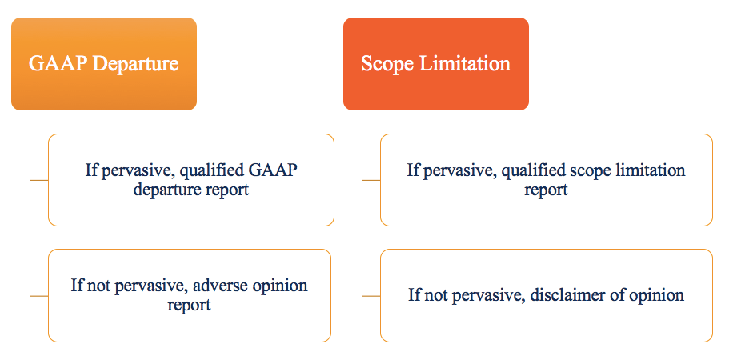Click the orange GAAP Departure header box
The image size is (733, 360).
pyautogui.click(x=104, y=64)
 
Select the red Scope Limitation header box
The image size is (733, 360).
pyautogui.click(x=436, y=64)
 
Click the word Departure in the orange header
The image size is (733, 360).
pyautogui.click(x=134, y=64)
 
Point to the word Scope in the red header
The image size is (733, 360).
pyautogui.click(x=383, y=64)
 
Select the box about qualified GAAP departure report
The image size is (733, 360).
pyautogui.click(x=191, y=180)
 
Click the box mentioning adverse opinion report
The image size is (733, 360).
pyautogui.click(x=190, y=295)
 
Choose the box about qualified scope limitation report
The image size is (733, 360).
pyautogui.click(x=546, y=180)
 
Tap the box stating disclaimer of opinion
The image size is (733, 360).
pyautogui.click(x=546, y=295)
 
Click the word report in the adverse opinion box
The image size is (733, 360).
pyautogui.click(x=190, y=305)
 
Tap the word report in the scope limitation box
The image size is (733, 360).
pyautogui.click(x=546, y=190)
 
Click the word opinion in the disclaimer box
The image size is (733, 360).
pyautogui.click(x=657, y=295)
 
